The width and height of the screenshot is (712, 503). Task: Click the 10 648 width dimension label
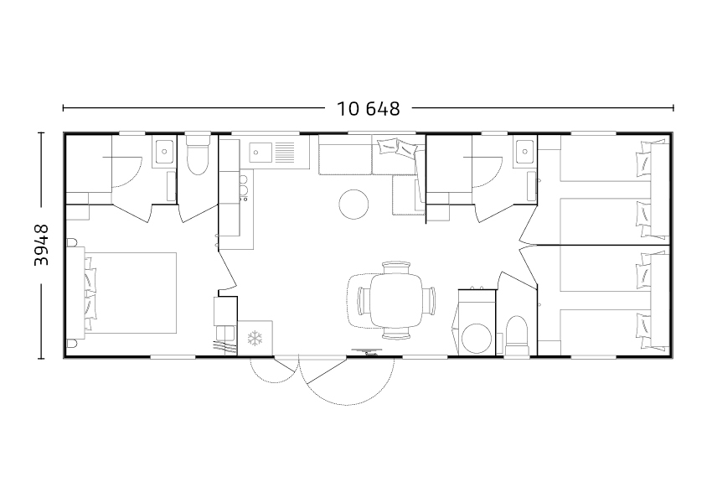[369, 109]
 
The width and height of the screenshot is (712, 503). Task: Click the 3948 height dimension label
[42, 245]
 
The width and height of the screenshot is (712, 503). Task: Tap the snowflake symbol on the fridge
[255, 338]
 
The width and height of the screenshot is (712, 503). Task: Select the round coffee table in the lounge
[353, 205]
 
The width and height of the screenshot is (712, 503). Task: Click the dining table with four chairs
[397, 300]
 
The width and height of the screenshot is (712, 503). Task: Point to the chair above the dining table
[396, 267]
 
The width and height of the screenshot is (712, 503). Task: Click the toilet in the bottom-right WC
[517, 335]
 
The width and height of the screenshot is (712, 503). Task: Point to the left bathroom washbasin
[164, 151]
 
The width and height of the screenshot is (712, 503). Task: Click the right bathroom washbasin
[524, 151]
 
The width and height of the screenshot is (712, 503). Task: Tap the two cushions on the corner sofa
[398, 148]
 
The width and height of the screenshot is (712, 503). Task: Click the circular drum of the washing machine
[477, 339]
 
